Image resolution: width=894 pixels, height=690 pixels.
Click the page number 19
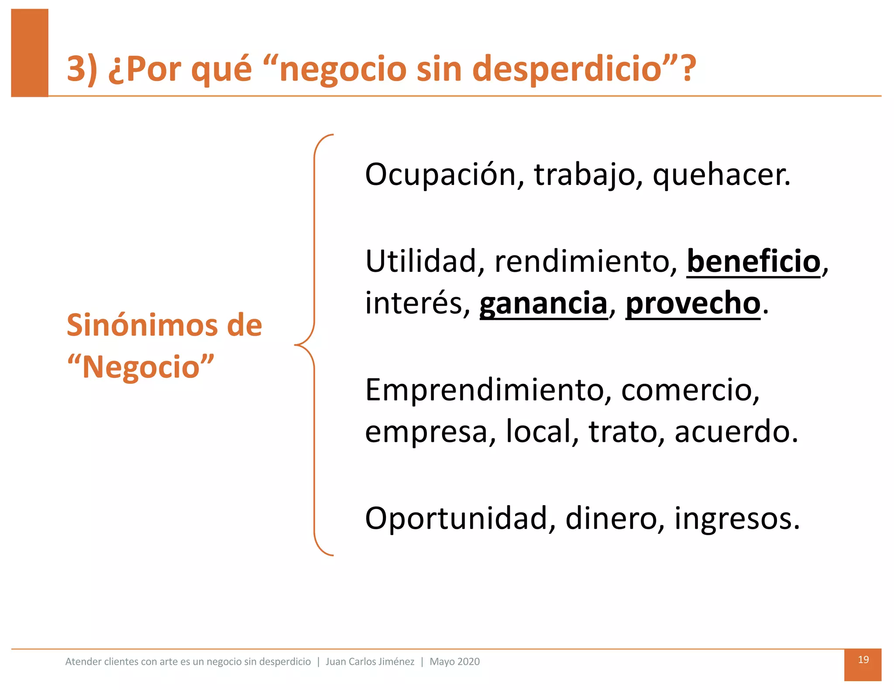863,659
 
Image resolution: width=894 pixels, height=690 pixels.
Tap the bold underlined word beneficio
753,262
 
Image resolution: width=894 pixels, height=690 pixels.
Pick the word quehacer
721,175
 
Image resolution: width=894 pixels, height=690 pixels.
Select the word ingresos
737,519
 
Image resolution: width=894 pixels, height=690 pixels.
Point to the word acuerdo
736,432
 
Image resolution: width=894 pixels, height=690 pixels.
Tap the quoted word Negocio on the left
141,367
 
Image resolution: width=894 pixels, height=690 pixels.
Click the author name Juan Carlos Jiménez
370,662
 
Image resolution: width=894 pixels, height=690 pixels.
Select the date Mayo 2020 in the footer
454,662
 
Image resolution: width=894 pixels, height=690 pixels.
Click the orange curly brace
314,345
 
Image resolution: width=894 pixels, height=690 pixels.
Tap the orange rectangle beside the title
30,52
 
